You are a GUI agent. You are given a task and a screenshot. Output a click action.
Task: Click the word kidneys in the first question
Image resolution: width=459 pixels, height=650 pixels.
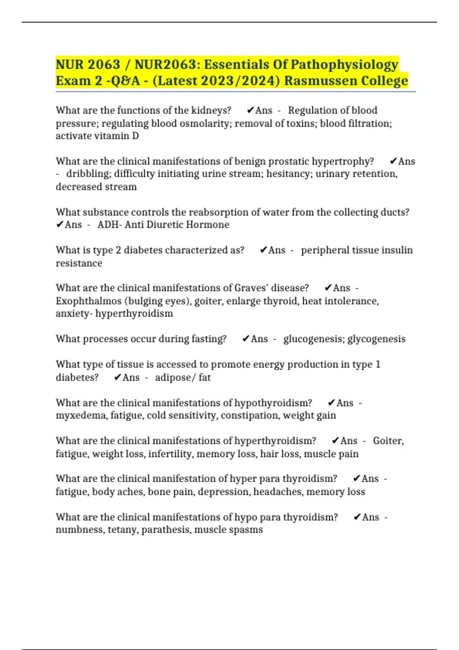211,110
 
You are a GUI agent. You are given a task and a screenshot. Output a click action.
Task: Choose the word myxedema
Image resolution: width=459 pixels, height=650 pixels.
81,416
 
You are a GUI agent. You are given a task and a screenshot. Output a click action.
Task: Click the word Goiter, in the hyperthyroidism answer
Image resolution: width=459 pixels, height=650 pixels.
388,441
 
